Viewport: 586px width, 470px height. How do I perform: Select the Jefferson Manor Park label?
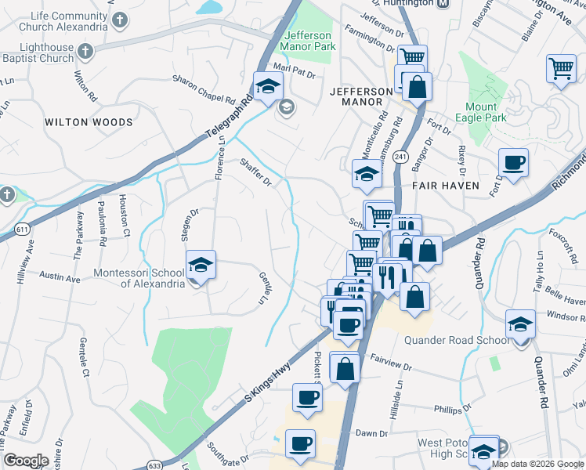[x=309, y=41]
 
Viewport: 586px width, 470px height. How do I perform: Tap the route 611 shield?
[x=23, y=229]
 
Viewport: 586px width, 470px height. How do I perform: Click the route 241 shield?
[x=401, y=157]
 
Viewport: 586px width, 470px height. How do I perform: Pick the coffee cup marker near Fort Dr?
[x=513, y=163]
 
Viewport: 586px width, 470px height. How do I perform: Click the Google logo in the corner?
[x=26, y=461]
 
